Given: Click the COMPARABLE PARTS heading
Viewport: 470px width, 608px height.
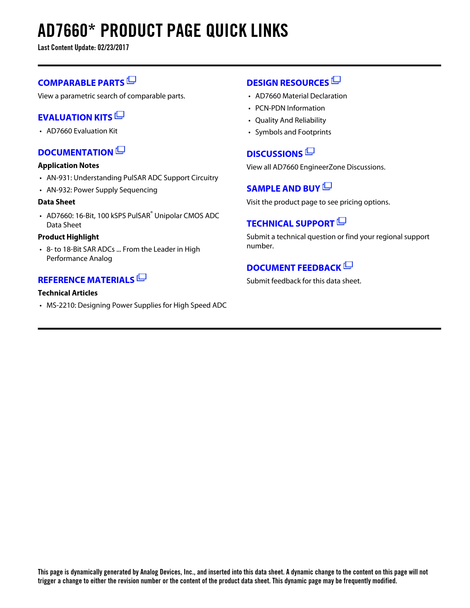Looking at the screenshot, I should [x=81, y=83].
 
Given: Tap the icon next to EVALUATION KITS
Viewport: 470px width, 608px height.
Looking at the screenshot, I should [x=119, y=115].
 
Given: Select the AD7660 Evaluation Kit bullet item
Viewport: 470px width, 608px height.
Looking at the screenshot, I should [x=82, y=131].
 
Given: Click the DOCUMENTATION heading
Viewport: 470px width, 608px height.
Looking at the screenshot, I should [x=76, y=153].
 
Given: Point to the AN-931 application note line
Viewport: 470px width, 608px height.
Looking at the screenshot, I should [x=132, y=178].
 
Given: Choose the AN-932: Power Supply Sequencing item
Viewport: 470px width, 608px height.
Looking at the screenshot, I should [x=102, y=190].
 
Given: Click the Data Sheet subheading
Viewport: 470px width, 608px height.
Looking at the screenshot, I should [x=56, y=202].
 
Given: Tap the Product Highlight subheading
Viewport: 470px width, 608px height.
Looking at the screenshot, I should [x=68, y=237].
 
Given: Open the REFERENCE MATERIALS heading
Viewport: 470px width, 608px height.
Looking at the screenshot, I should [x=86, y=280].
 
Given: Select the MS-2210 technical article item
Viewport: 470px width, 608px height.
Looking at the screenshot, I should [x=136, y=305].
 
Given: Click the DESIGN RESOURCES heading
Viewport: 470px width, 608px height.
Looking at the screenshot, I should [x=288, y=83].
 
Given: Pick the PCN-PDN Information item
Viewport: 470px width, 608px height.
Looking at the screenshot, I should [x=290, y=108].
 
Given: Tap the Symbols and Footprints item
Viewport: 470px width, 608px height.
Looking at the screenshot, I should [x=293, y=132].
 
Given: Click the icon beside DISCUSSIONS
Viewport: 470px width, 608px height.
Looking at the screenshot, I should [x=310, y=151].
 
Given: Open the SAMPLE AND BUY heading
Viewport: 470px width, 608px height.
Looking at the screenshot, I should [x=283, y=189].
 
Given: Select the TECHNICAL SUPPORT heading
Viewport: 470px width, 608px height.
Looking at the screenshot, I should [x=290, y=224].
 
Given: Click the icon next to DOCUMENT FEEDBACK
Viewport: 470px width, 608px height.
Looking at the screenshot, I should [x=348, y=265].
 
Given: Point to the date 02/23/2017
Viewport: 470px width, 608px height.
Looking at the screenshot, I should [x=113, y=48].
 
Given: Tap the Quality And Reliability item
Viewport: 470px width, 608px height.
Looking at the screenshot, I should [x=290, y=120].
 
